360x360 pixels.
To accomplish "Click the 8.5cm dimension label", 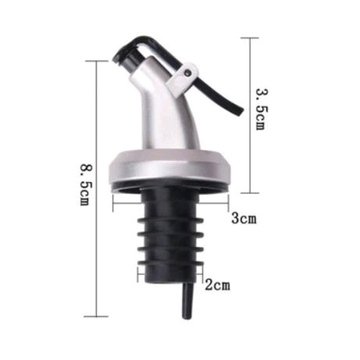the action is click(86, 184).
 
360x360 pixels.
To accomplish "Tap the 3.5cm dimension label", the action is click(262, 109).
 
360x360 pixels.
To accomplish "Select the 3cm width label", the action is click(244, 218).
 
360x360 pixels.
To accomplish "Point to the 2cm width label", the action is click(218, 285).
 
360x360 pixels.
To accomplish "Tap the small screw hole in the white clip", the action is click(187, 73).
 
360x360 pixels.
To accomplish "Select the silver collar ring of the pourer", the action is click(169, 166).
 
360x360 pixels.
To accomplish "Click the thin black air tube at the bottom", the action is click(187, 301).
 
